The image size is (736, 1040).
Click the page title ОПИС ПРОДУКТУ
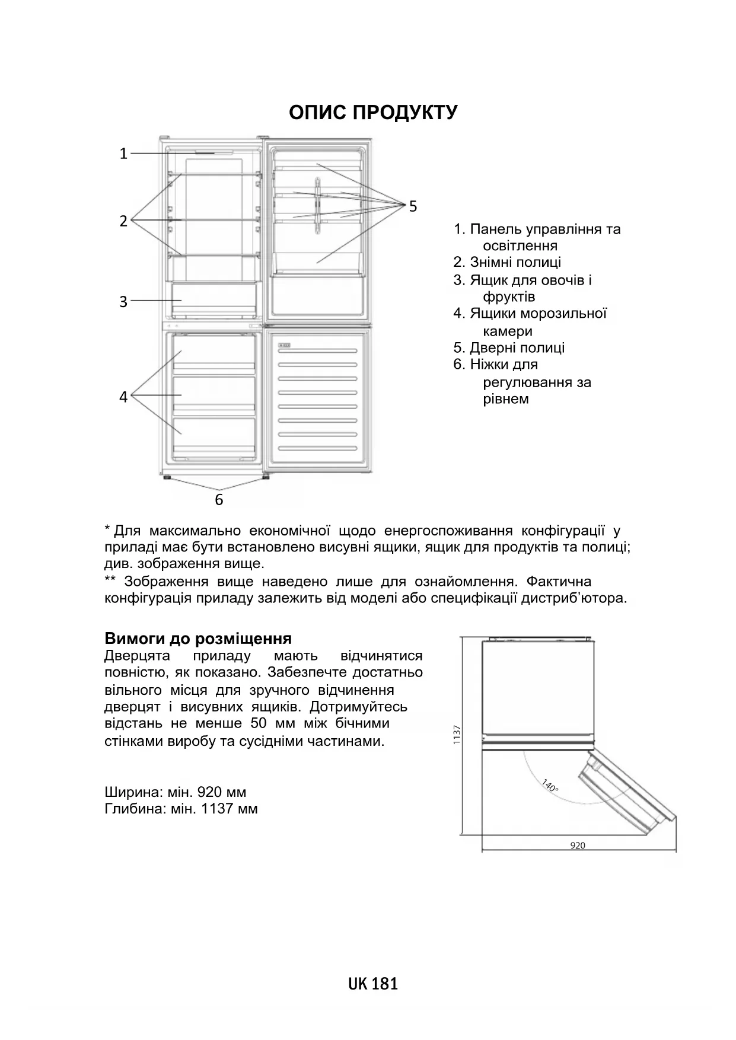373,113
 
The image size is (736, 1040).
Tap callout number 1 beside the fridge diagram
123,154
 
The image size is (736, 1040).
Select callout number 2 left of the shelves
123,221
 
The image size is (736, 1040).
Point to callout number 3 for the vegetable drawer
123,302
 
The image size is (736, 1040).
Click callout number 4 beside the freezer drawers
123,397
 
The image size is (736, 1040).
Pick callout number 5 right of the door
413,206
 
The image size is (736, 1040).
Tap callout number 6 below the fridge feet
219,500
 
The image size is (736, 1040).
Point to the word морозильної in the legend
569,313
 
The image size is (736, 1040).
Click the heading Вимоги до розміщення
198,639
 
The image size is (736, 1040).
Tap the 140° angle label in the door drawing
550,786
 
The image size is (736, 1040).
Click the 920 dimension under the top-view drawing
577,846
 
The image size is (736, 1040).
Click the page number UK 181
373,984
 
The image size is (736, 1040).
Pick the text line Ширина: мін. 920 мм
175,792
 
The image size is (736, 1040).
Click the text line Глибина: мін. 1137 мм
181,809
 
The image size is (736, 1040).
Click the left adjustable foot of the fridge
166,476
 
